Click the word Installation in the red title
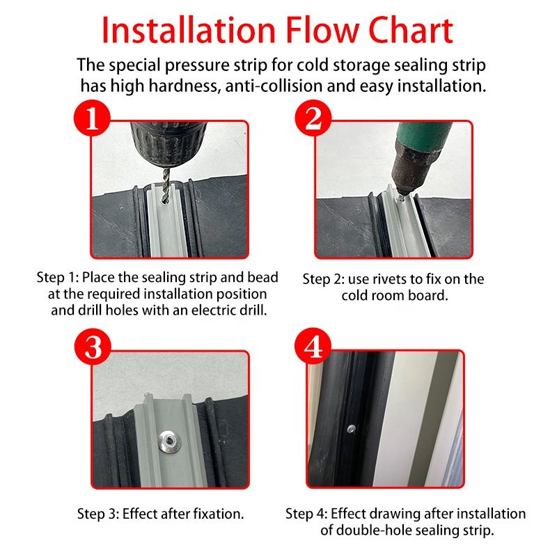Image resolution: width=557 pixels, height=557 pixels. tap(189, 30)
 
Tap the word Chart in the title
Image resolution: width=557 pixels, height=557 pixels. tap(411, 30)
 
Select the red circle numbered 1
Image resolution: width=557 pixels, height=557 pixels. tap(92, 118)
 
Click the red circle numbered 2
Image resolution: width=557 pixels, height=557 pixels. tap(313, 118)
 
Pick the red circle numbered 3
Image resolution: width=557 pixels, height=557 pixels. tap(93, 347)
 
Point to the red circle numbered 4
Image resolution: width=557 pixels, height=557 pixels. tap(313, 346)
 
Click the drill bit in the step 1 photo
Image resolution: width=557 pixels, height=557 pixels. tap(166, 185)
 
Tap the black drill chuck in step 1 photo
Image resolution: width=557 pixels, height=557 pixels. tap(168, 144)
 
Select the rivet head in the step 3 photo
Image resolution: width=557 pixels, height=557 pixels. tap(169, 441)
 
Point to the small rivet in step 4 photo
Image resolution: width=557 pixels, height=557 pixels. tap(351, 429)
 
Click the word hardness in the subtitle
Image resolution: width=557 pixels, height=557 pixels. tap(183, 86)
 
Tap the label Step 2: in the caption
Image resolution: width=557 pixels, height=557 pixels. tap(323, 280)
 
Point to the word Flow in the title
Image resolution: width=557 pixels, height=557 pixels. tap(322, 30)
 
